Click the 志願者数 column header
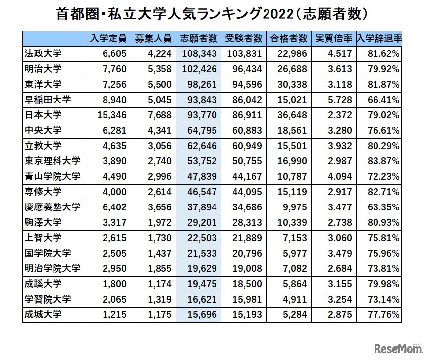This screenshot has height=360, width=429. click(x=199, y=39)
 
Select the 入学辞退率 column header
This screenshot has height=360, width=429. click(x=379, y=39)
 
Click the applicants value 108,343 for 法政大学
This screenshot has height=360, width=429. click(x=199, y=53)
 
